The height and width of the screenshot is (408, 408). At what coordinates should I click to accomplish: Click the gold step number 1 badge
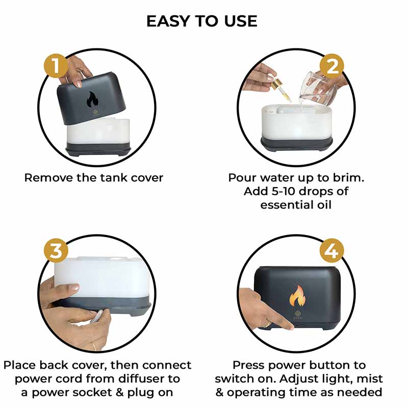pyautogui.click(x=56, y=66)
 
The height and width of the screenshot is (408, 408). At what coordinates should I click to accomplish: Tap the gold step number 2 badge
pyautogui.click(x=332, y=66)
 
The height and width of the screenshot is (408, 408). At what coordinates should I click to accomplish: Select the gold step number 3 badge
pyautogui.click(x=56, y=251)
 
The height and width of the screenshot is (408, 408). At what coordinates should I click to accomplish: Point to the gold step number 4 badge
pyautogui.click(x=332, y=251)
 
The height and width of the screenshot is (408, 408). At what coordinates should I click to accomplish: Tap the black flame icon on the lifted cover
pyautogui.click(x=92, y=99)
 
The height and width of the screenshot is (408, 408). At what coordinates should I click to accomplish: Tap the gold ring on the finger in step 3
pyautogui.click(x=93, y=346)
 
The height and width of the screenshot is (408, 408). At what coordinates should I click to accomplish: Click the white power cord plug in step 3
pyautogui.click(x=94, y=318)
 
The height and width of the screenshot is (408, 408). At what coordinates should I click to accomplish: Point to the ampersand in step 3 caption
pyautogui.click(x=120, y=392)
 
